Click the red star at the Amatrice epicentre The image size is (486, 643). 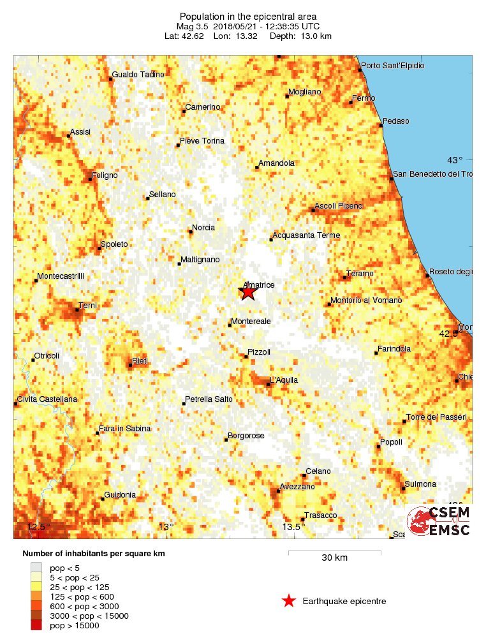pyautogui.click(x=247, y=292)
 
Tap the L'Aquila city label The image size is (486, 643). pyautogui.click(x=284, y=380)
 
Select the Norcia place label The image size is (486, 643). pyautogui.click(x=203, y=228)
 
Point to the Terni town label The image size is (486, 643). pyautogui.click(x=87, y=306)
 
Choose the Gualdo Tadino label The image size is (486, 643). pyautogui.click(x=138, y=75)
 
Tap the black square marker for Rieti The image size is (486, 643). pyautogui.click(x=129, y=366)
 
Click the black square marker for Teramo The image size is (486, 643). pyautogui.click(x=345, y=277)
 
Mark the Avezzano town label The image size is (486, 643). pyautogui.click(x=298, y=487)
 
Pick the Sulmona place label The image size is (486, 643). pyautogui.click(x=421, y=484)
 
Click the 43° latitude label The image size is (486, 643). pyautogui.click(x=455, y=160)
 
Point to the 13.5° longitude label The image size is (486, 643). pyautogui.click(x=293, y=527)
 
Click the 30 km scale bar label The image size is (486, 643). pyautogui.click(x=334, y=558)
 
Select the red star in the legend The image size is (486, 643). pyautogui.click(x=289, y=601)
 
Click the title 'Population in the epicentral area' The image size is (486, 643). pyautogui.click(x=247, y=17)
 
